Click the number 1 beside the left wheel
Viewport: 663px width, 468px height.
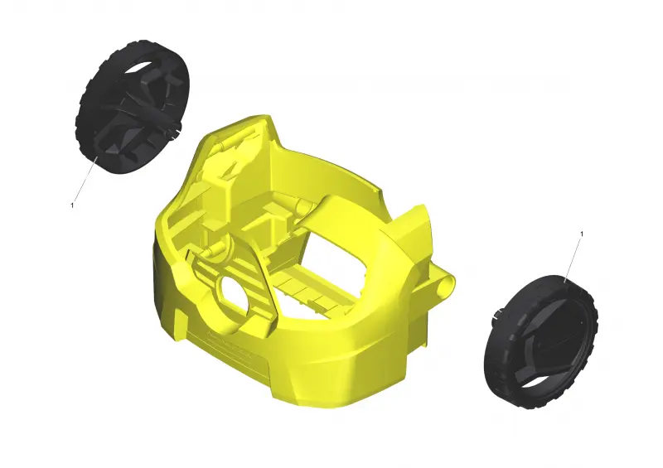(x=72, y=205)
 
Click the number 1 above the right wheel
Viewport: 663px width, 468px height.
(x=582, y=234)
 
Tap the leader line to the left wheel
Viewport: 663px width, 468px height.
(x=86, y=177)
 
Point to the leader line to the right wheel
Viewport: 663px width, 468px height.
(x=573, y=259)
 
